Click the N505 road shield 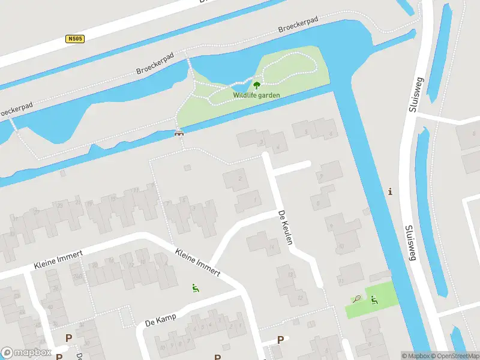(x=75, y=39)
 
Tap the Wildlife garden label (x=256, y=95)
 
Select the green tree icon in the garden (x=257, y=85)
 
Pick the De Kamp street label (x=161, y=320)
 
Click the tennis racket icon (x=356, y=298)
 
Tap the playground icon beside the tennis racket (x=374, y=299)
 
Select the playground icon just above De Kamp (x=194, y=289)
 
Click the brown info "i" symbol (x=391, y=192)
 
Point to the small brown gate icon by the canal (x=178, y=133)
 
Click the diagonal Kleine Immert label (x=198, y=262)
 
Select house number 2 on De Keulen (x=240, y=178)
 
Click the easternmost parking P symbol (x=280, y=340)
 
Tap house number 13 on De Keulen (x=291, y=275)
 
